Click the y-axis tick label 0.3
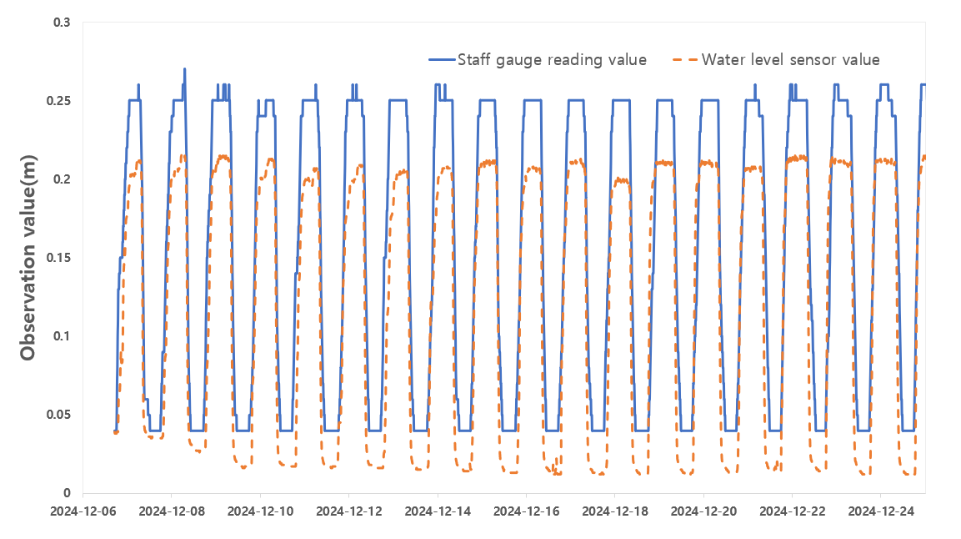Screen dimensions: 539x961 pyautogui.click(x=61, y=23)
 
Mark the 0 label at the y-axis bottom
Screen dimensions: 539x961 pyautogui.click(x=67, y=493)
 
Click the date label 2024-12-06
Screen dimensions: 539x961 pyautogui.click(x=83, y=509)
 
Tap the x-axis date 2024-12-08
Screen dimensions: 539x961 pyautogui.click(x=172, y=509)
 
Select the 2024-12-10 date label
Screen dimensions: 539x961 pyautogui.click(x=260, y=509)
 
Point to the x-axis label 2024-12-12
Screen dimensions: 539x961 pyautogui.click(x=348, y=509)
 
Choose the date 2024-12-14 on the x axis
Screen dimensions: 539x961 pyautogui.click(x=438, y=509)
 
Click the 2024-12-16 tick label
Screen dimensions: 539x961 pyautogui.click(x=526, y=509)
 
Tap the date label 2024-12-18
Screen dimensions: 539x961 pyautogui.click(x=614, y=509)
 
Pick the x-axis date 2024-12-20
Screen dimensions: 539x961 pyautogui.click(x=703, y=509)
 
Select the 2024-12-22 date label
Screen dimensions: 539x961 pyautogui.click(x=792, y=509)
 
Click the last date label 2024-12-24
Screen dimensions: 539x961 pyautogui.click(x=880, y=509)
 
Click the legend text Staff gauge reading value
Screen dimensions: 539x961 pyautogui.click(x=552, y=60)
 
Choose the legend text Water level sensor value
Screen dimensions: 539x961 pyautogui.click(x=790, y=60)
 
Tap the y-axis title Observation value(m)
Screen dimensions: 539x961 pyautogui.click(x=28, y=257)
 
